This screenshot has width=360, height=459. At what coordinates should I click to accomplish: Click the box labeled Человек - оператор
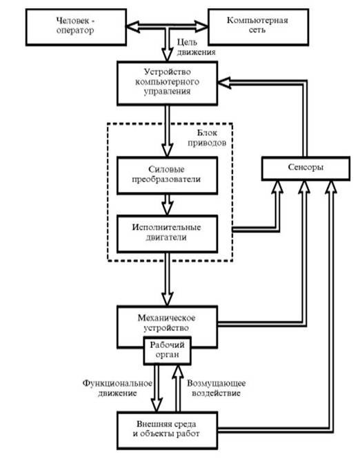76,27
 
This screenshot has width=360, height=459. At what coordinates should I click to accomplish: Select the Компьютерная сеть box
258,27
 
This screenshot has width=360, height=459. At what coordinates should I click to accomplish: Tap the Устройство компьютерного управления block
168,83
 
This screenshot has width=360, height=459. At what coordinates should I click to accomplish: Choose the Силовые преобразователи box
168,175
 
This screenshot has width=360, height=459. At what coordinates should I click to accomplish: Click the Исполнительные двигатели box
168,233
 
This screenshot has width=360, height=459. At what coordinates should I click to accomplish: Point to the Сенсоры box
306,168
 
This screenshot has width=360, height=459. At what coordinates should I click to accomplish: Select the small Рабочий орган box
168,351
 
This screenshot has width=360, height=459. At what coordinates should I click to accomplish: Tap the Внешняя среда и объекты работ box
168,430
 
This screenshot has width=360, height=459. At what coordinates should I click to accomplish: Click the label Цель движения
196,47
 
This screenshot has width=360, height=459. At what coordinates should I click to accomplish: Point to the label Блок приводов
207,137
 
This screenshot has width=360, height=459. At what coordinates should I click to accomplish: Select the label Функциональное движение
117,388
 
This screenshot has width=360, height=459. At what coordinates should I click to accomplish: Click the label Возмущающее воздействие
216,388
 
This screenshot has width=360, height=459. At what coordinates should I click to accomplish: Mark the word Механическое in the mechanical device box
166,318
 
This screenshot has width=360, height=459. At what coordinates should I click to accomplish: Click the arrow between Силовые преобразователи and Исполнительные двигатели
168,204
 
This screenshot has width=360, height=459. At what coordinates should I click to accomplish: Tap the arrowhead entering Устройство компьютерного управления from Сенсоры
224,83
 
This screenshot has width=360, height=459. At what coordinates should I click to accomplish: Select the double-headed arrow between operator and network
167,27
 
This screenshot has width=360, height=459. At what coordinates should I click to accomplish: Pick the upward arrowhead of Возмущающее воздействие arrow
178,371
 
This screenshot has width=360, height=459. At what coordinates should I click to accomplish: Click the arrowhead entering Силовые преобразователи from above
168,150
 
